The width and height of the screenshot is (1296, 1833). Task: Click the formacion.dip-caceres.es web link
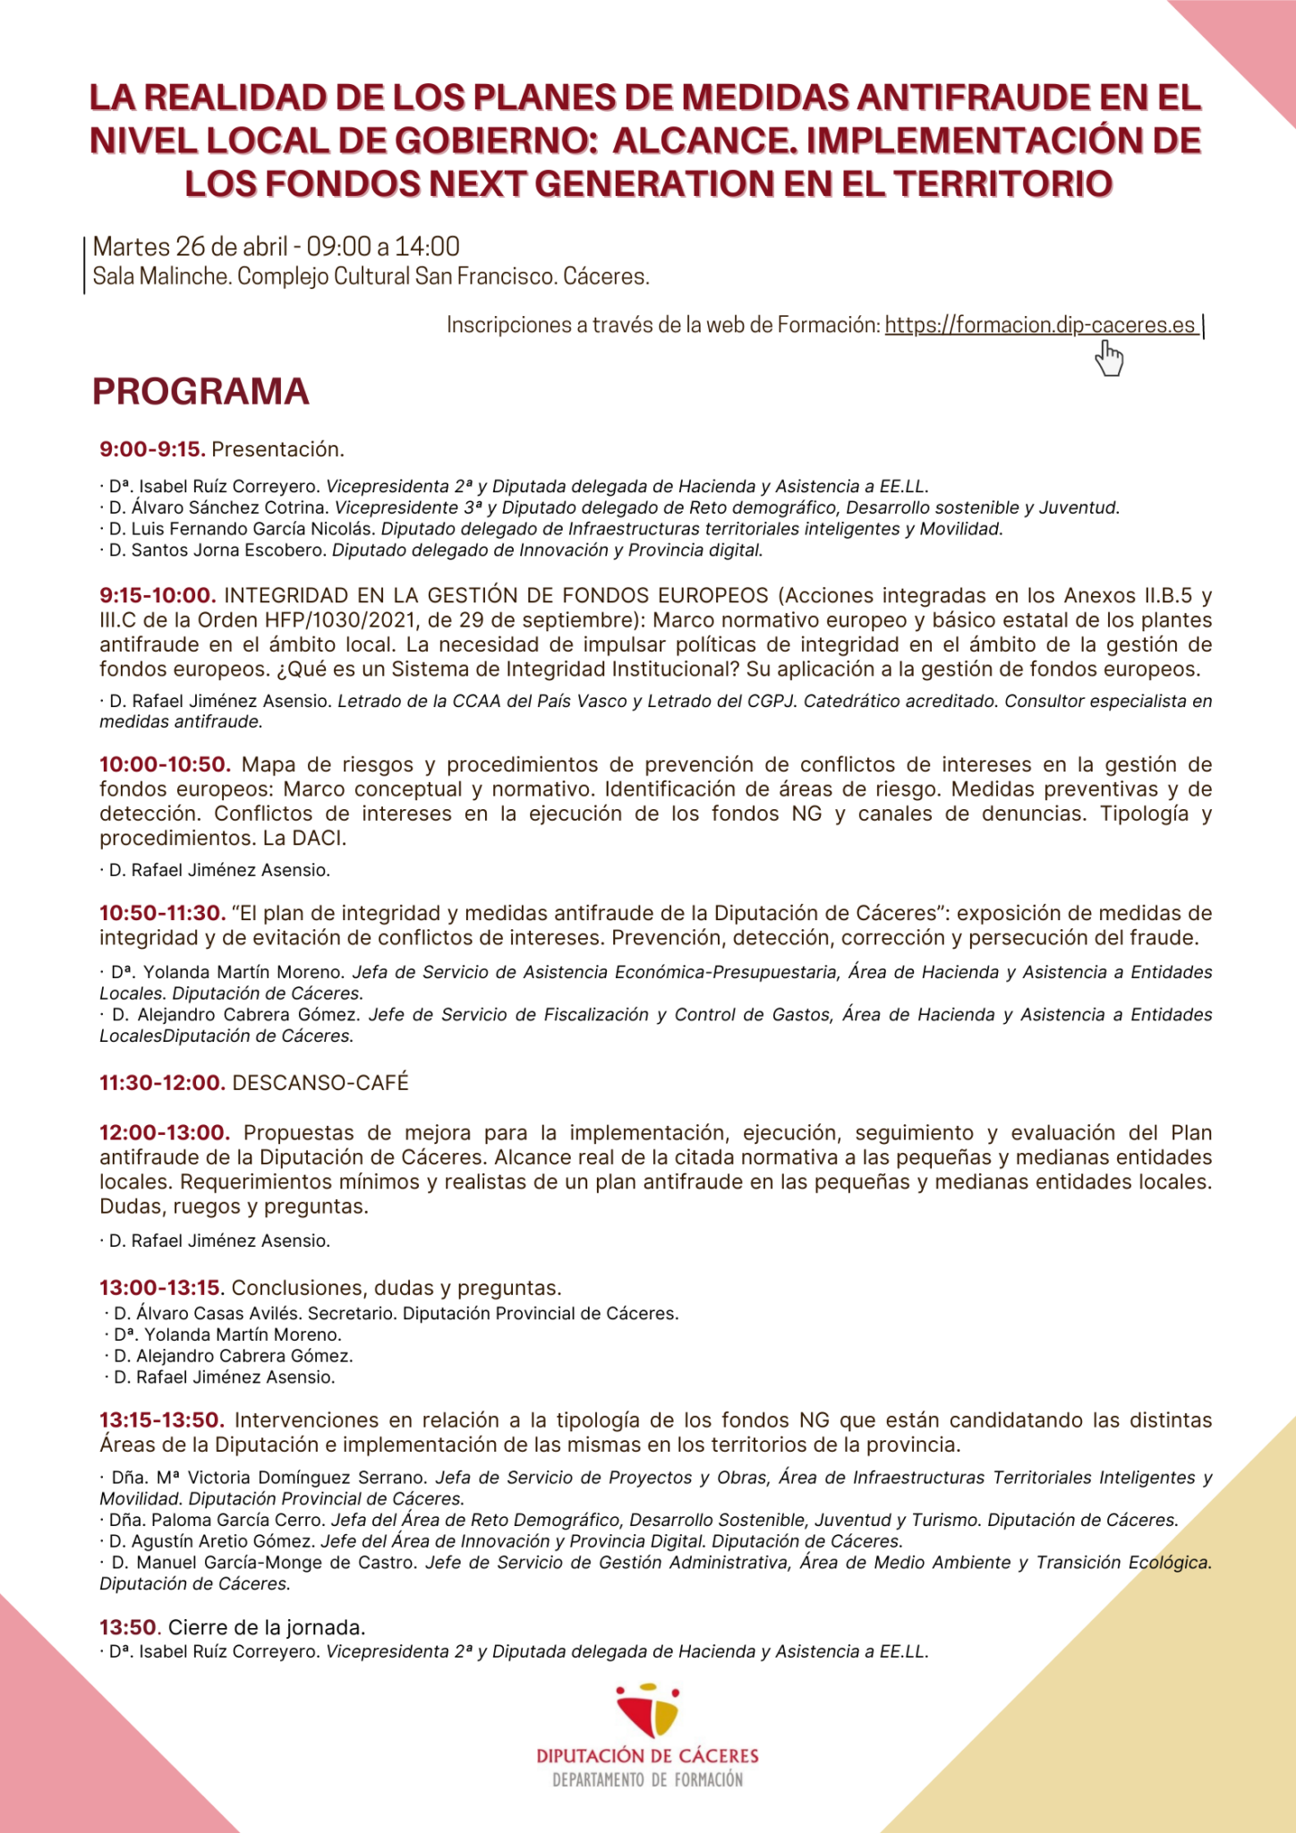tap(1040, 325)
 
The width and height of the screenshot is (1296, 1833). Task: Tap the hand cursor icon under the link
tap(1109, 359)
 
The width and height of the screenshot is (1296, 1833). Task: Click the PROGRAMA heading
tap(200, 392)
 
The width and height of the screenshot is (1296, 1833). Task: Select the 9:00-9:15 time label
tap(152, 448)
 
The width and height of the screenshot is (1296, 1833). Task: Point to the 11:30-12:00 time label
tap(162, 1082)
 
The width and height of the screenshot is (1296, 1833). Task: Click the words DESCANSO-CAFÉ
tap(320, 1082)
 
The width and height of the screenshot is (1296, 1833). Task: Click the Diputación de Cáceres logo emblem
tap(647, 1711)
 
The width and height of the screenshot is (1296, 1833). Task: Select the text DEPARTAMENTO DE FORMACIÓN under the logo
tap(647, 1779)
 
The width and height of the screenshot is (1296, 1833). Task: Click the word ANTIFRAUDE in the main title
tap(971, 98)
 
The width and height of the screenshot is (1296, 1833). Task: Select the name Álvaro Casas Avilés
tap(220, 1313)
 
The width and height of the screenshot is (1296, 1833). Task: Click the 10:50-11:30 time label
tap(162, 913)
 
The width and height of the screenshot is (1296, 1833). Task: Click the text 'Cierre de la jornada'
tap(267, 1626)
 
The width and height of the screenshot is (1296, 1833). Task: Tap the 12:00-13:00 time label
tap(165, 1133)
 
